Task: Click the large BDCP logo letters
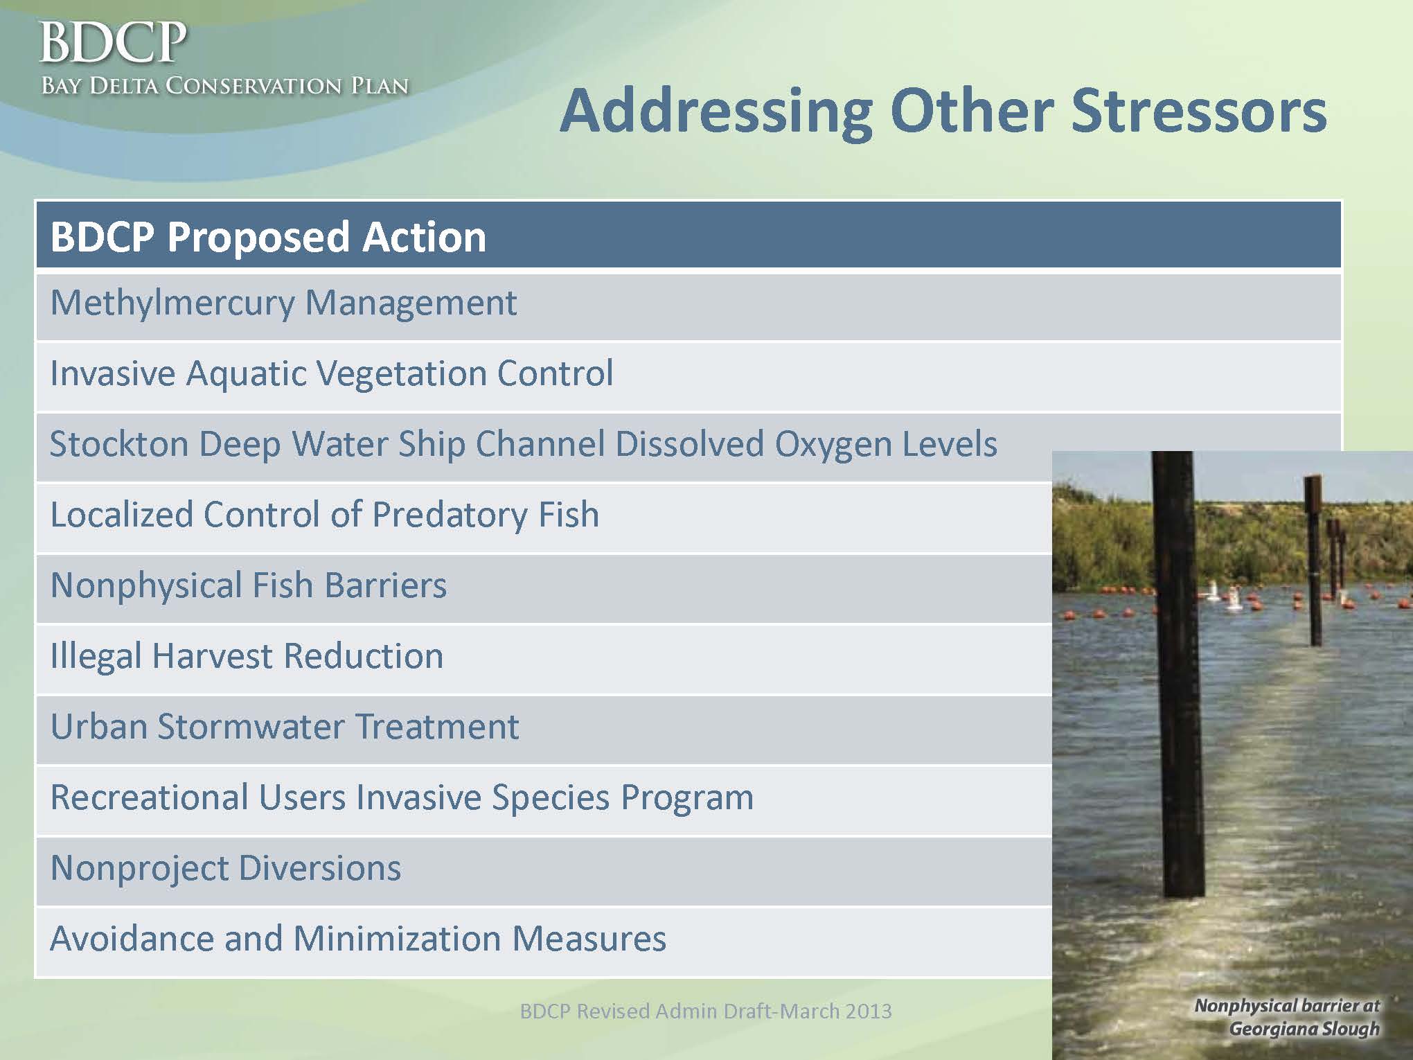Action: [113, 43]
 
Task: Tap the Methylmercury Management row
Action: [283, 303]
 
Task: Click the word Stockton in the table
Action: [119, 443]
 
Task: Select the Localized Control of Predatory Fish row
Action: [325, 515]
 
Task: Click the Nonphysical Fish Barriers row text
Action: [249, 585]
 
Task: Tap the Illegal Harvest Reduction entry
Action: [247, 656]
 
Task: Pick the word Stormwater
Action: [251, 727]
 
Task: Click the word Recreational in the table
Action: [149, 797]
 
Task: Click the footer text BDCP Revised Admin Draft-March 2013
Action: [706, 1012]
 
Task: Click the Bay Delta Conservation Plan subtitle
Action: [224, 86]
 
